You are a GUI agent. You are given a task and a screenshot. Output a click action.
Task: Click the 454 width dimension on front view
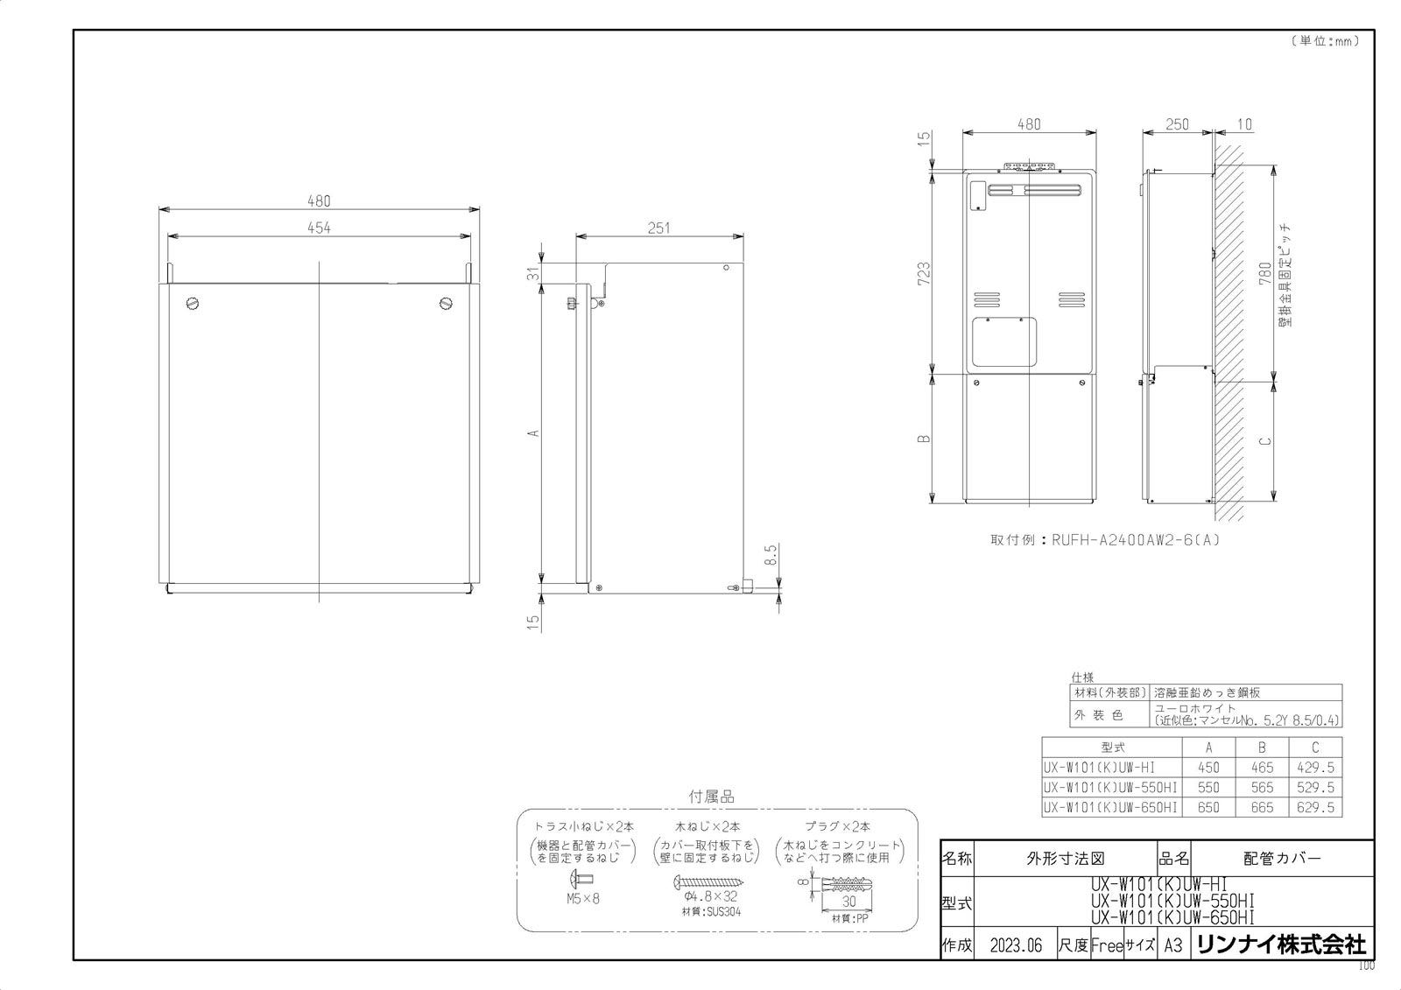(319, 228)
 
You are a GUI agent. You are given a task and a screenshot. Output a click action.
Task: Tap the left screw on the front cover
(194, 304)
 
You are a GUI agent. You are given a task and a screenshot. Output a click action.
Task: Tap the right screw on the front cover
(447, 304)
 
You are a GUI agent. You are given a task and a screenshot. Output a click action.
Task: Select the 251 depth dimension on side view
(658, 228)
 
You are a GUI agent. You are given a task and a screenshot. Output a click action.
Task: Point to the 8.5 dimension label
(771, 555)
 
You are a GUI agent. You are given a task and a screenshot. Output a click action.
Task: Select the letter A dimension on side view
(532, 432)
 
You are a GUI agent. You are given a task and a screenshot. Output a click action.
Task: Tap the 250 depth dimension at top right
(1178, 125)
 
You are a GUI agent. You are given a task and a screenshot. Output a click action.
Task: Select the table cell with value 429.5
(1315, 768)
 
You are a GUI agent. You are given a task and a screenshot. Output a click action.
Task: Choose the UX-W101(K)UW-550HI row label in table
(1110, 788)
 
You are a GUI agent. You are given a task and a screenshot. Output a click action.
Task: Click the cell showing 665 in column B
(1262, 807)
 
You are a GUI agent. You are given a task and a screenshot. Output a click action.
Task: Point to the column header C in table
(1315, 748)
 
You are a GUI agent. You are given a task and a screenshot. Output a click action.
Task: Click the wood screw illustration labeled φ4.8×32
(709, 881)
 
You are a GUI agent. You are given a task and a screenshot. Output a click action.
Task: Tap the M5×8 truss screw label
(582, 898)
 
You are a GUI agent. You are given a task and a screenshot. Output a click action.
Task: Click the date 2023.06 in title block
(1016, 945)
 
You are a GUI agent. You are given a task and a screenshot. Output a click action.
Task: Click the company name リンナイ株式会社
(1280, 944)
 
